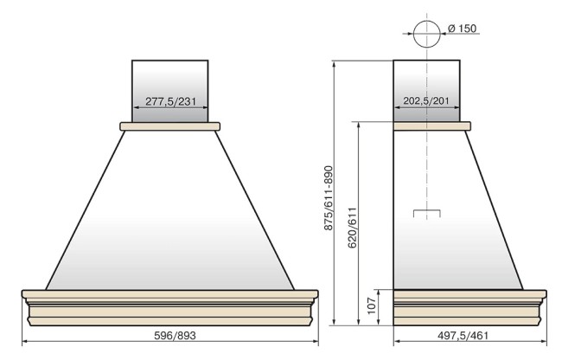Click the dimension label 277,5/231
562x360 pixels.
[171, 101]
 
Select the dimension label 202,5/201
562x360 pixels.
[426, 100]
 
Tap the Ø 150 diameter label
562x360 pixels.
[463, 29]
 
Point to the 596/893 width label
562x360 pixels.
[175, 336]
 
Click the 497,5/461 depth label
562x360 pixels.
[463, 336]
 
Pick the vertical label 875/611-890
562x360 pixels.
[329, 198]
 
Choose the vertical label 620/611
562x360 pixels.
[353, 228]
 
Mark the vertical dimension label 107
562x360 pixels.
[372, 305]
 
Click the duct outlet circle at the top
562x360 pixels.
[426, 21]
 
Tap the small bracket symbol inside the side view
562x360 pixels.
[427, 210]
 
